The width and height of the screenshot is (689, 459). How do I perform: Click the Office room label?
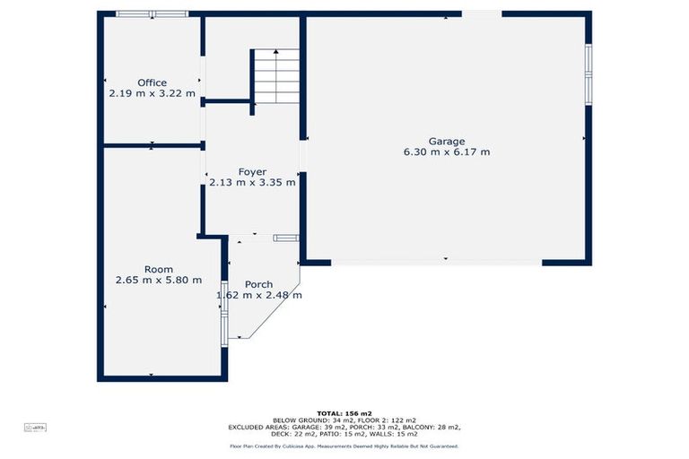(x=152, y=82)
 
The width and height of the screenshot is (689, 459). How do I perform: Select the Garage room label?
(x=446, y=141)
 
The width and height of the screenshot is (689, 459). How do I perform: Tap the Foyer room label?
(x=252, y=171)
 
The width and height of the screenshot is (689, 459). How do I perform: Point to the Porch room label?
(x=258, y=284)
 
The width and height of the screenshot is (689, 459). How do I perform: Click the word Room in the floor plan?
(x=158, y=269)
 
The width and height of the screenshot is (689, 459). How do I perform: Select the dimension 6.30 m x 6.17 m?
(x=446, y=152)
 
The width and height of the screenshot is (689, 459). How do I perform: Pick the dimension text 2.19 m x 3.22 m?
(x=152, y=93)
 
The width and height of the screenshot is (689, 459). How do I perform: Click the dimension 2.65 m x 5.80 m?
(x=158, y=281)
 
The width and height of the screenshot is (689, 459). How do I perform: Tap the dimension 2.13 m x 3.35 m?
(x=252, y=182)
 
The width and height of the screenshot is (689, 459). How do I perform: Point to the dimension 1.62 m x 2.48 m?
(x=258, y=295)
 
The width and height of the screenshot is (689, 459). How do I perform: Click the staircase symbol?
(x=275, y=76)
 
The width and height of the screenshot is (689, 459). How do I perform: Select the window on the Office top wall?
(x=152, y=14)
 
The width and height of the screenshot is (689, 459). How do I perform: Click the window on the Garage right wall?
(x=589, y=74)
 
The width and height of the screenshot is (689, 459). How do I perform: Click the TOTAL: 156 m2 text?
(x=344, y=413)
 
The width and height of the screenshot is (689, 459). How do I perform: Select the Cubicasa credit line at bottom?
(x=344, y=446)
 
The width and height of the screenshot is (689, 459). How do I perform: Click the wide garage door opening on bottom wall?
(x=436, y=262)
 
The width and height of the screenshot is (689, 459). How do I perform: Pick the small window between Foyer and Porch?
(x=285, y=238)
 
